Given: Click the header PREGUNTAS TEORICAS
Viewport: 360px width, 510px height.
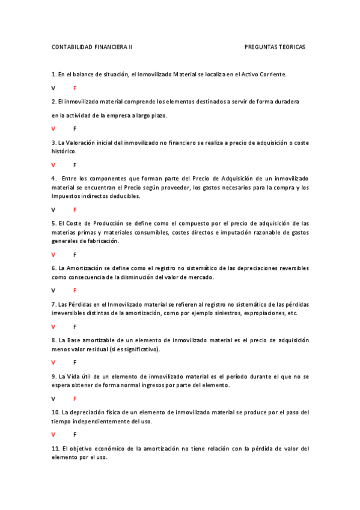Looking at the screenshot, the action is (x=275, y=47).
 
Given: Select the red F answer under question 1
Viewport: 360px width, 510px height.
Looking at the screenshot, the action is (x=75, y=88).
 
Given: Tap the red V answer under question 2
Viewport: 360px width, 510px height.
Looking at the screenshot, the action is (x=53, y=129).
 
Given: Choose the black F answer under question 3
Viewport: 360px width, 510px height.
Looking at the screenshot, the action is (x=75, y=165).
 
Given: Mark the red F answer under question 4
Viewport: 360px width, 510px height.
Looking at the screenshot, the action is (x=75, y=210).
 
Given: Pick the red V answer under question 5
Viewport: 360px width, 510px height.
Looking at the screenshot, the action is (x=53, y=254).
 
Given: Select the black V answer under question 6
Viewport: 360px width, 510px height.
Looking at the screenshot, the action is (x=53, y=290).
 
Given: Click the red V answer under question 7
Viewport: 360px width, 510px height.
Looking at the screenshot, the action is (x=53, y=327).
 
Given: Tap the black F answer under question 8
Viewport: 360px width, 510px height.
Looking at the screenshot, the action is (x=75, y=363).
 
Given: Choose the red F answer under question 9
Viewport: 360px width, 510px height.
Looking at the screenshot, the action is (x=75, y=399).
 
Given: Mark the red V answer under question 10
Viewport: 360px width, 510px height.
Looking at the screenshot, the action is (x=53, y=434).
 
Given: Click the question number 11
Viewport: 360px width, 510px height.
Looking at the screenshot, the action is (x=55, y=449).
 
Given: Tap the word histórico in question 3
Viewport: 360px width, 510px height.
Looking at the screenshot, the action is (x=64, y=152).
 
